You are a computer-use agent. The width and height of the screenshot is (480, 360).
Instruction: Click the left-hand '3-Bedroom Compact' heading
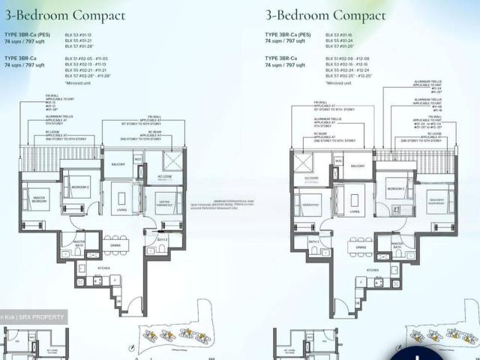(65, 15)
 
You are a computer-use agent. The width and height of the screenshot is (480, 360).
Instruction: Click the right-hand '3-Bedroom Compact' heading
(325, 15)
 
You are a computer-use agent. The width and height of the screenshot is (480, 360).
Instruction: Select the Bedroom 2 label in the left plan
(80, 187)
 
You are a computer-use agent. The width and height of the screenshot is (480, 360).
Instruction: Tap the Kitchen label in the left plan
(103, 267)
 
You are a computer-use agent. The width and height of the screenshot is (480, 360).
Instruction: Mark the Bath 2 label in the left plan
(161, 239)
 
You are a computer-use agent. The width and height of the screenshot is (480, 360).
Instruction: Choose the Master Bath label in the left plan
(89, 242)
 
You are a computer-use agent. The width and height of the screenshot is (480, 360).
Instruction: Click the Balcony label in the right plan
(358, 166)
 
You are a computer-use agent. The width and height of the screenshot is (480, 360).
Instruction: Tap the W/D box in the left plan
(138, 159)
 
